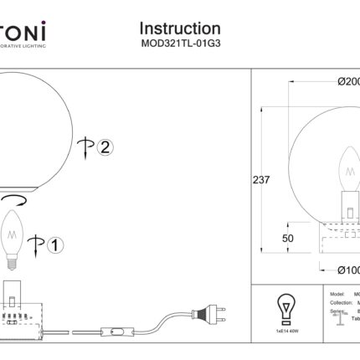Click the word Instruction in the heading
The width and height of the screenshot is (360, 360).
[180, 30]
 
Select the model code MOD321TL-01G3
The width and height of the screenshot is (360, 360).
[180, 47]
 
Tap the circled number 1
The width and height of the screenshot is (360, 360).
[52, 245]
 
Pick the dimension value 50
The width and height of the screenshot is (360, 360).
[288, 239]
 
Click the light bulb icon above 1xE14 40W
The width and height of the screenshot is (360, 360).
[285, 307]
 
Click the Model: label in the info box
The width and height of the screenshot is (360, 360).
[339, 296]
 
